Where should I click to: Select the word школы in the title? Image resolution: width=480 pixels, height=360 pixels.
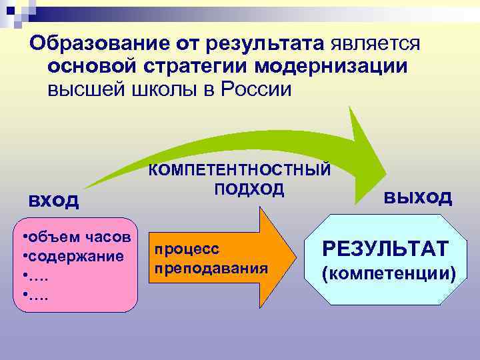[x=168, y=90]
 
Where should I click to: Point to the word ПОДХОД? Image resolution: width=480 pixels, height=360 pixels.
[x=249, y=189]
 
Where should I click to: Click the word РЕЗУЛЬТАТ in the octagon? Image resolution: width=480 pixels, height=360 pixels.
[x=385, y=249]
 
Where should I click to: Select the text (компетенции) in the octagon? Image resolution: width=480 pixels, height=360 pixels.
[x=389, y=273]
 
